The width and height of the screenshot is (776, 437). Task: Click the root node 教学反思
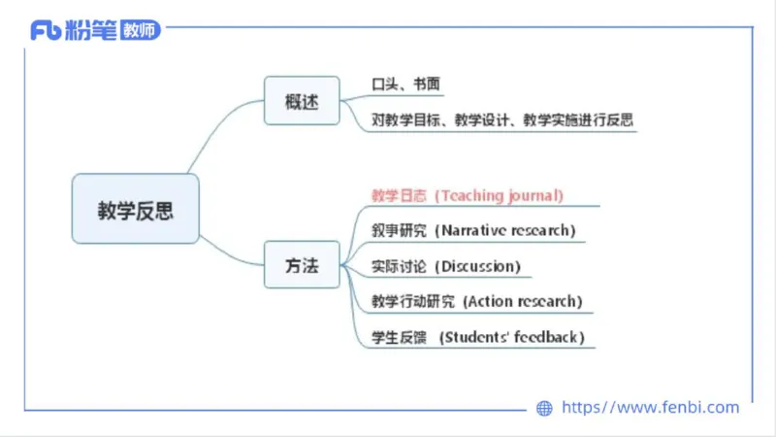135,209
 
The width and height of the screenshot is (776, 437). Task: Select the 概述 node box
302,101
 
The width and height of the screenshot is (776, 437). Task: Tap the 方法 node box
302,265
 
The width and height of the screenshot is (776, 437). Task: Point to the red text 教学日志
399,195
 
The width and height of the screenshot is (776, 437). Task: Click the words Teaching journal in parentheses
499,195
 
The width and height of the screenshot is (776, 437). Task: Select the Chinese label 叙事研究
399,230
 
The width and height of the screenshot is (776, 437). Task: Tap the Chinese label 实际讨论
399,266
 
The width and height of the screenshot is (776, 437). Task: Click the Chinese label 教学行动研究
412,301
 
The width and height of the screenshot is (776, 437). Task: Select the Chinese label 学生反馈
399,337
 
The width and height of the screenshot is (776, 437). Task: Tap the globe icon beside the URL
544,409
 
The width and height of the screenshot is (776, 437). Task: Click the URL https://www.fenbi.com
651,408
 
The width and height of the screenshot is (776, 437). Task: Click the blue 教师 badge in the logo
140,30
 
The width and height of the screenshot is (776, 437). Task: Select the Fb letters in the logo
46,31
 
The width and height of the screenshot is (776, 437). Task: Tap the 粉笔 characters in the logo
91,30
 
